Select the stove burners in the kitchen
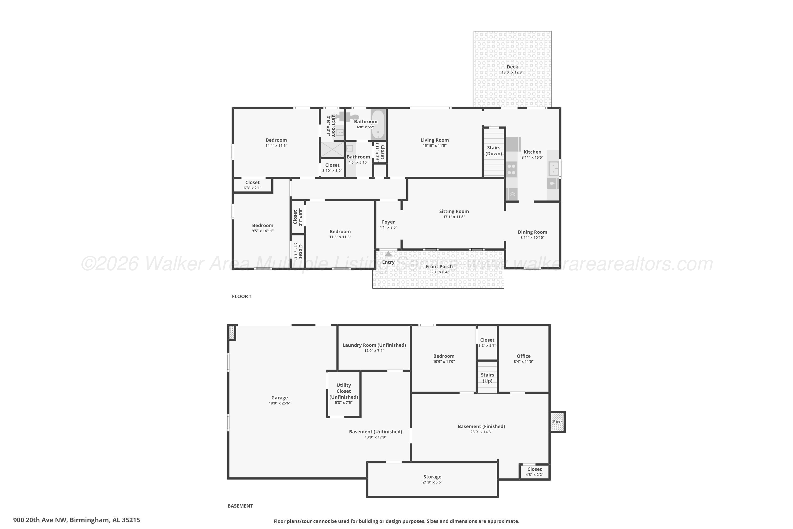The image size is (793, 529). [x=511, y=169]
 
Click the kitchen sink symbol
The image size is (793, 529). [x=553, y=168]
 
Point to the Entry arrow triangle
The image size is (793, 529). [x=388, y=254]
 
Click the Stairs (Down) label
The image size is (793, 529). [x=493, y=151]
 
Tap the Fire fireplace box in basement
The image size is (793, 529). [x=557, y=422]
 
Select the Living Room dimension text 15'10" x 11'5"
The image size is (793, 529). [x=434, y=146]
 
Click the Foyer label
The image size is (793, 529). [x=388, y=222]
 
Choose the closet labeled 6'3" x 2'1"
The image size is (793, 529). [x=252, y=185]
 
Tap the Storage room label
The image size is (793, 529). [x=432, y=477]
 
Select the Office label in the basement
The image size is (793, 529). [x=523, y=356]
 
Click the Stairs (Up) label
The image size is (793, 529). [x=487, y=378]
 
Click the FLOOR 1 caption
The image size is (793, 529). [x=242, y=296]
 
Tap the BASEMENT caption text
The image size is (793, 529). [x=240, y=506]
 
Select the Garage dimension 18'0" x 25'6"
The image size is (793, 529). [x=279, y=403]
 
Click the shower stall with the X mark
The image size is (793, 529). [x=332, y=149]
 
